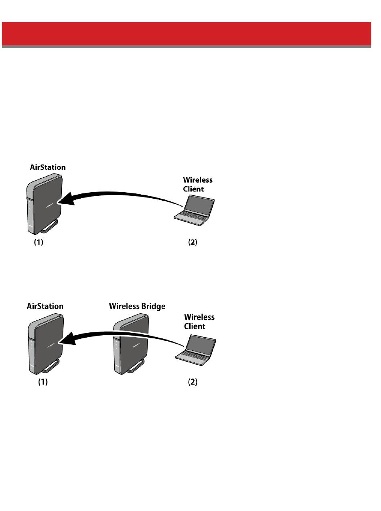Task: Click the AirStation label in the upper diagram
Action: tap(48, 167)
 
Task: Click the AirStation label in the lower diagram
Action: tap(45, 306)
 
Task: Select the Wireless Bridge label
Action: tap(137, 306)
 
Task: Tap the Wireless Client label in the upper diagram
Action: tap(198, 184)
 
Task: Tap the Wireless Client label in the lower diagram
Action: tap(199, 322)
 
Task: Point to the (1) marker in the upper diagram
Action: tap(38, 243)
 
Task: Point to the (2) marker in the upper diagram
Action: tap(193, 243)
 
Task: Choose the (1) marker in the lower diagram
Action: tap(43, 382)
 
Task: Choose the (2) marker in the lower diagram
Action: tap(193, 382)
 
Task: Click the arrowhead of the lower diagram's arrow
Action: tap(66, 340)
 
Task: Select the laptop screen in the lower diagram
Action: tap(201, 342)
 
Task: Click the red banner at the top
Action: tap(186, 34)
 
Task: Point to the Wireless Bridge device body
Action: tap(130, 344)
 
